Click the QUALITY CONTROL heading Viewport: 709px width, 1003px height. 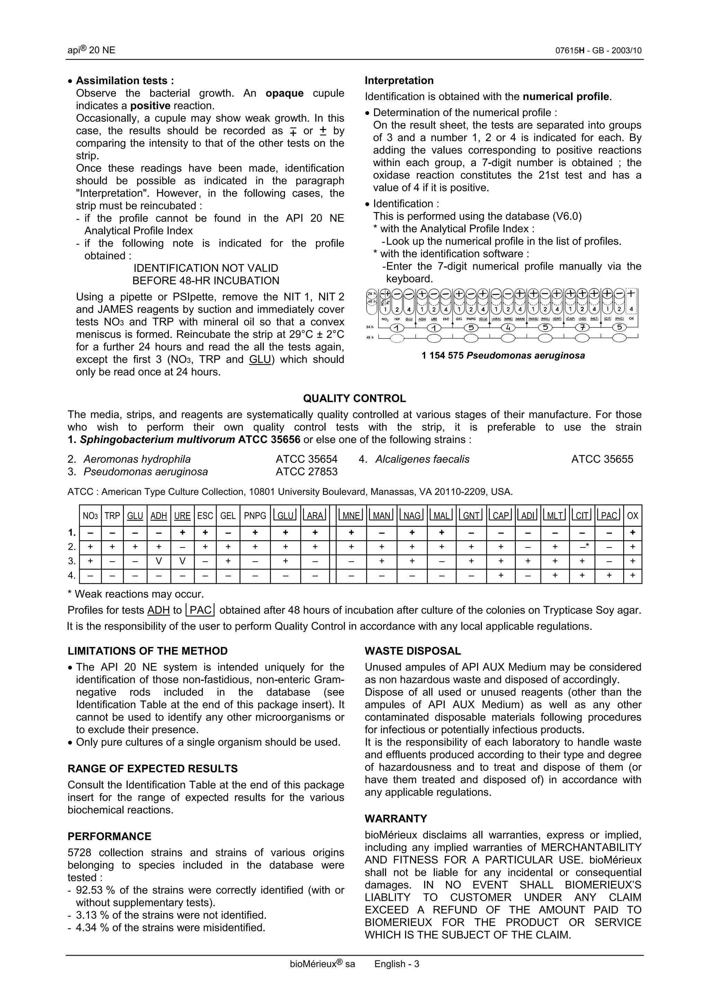[x=354, y=398]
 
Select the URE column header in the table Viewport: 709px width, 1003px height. [x=182, y=516]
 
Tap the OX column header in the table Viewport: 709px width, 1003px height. [x=632, y=516]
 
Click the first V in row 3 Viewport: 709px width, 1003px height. [x=159, y=561]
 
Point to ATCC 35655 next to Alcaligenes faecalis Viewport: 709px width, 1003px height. [x=602, y=459]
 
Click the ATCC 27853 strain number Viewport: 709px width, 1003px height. [x=306, y=472]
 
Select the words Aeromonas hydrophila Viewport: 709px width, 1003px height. [x=137, y=459]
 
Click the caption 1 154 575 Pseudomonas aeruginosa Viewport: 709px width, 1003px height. [x=503, y=355]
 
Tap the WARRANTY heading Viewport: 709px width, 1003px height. [x=396, y=819]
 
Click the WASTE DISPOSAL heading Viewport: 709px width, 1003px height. [x=412, y=651]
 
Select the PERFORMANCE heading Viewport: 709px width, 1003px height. [x=109, y=837]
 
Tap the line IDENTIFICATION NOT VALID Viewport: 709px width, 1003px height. [x=206, y=268]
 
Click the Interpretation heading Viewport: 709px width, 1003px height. [x=399, y=80]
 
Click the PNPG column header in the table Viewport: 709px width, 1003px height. [x=255, y=516]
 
